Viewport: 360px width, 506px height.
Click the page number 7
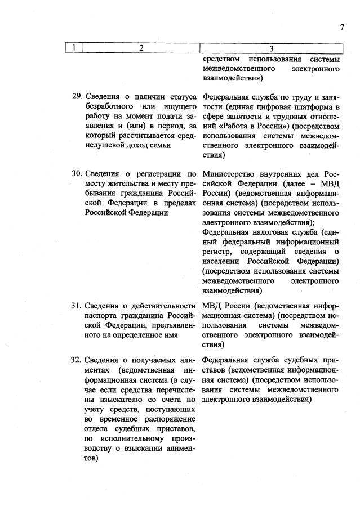click(341, 27)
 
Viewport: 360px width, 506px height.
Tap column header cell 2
click(141, 48)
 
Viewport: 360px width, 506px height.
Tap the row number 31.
click(78, 306)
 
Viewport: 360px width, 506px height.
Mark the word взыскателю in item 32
click(113, 398)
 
